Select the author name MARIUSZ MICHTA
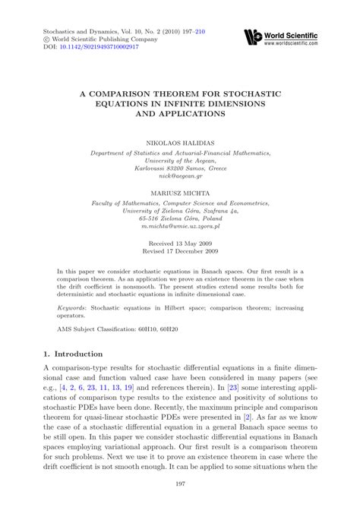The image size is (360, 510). pyautogui.click(x=179, y=194)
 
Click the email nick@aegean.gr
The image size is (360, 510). pyautogui.click(x=179, y=175)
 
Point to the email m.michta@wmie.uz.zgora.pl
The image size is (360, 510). pyautogui.click(x=179, y=227)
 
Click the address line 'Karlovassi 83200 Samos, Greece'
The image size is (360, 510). pyautogui.click(x=179, y=167)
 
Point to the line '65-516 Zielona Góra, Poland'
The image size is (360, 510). pyautogui.click(x=179, y=219)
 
